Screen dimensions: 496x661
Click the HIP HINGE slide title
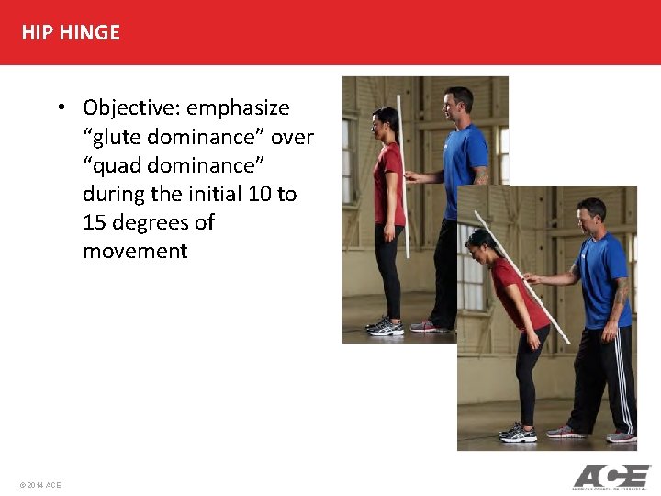[x=71, y=32]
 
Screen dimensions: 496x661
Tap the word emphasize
[x=238, y=108]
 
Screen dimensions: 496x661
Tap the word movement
[x=135, y=251]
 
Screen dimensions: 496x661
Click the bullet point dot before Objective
[x=59, y=108]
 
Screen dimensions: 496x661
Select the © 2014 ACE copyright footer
[x=39, y=484]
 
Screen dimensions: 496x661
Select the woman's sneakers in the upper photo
[x=385, y=326]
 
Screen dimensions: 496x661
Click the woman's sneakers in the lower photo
[x=519, y=432]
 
